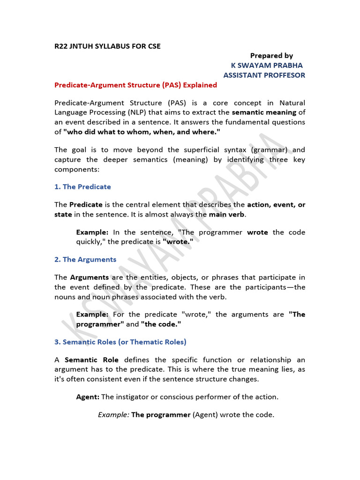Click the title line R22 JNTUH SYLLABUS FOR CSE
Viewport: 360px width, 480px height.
click(x=107, y=46)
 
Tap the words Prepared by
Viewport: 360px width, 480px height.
click(x=271, y=56)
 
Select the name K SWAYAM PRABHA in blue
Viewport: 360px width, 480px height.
click(x=267, y=65)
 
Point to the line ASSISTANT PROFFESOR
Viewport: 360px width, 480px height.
click(x=264, y=75)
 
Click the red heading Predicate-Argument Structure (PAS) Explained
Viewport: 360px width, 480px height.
click(x=135, y=85)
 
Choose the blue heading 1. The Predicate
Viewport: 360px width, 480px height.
click(x=82, y=187)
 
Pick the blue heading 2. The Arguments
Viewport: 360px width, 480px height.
click(x=85, y=259)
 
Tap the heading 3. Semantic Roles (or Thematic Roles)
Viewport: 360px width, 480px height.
click(x=120, y=342)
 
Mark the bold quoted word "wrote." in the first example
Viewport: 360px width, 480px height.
click(x=178, y=241)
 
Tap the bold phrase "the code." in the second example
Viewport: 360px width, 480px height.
click(x=161, y=324)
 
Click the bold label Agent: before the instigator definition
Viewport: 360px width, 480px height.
click(x=88, y=397)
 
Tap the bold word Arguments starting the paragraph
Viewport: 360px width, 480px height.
click(x=90, y=277)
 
